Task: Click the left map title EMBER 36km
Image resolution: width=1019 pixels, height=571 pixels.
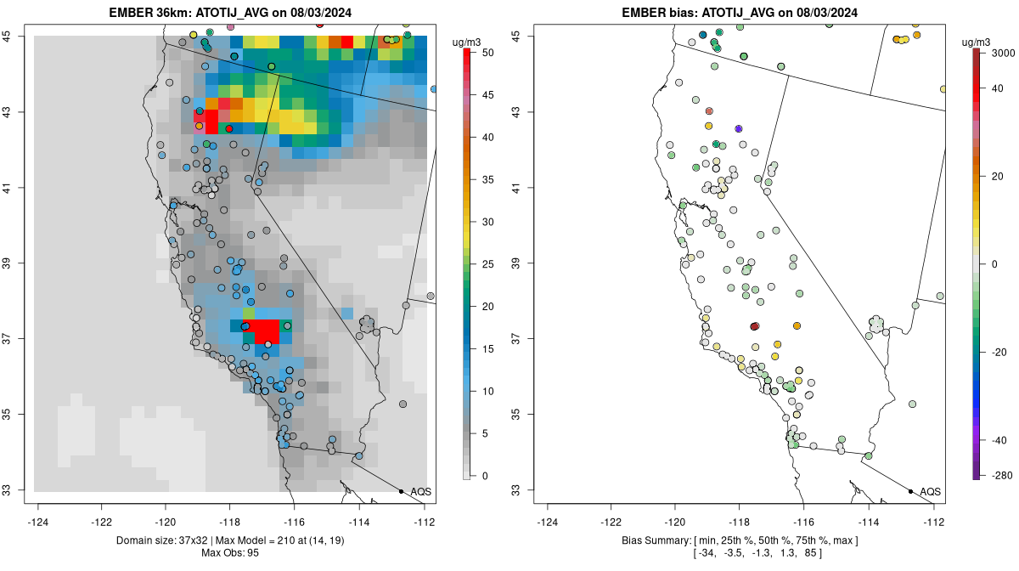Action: coord(230,13)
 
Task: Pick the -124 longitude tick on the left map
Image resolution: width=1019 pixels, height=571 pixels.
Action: coord(39,523)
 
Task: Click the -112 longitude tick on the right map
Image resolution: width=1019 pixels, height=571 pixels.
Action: coord(933,523)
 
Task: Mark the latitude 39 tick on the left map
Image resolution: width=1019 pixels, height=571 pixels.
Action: coord(17,263)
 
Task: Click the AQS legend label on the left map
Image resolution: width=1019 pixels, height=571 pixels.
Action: coord(420,491)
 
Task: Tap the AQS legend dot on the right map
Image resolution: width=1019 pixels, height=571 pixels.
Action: coord(910,491)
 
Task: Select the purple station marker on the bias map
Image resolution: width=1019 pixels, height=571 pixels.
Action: coord(739,128)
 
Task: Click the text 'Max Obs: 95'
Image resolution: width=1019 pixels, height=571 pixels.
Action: coord(230,553)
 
